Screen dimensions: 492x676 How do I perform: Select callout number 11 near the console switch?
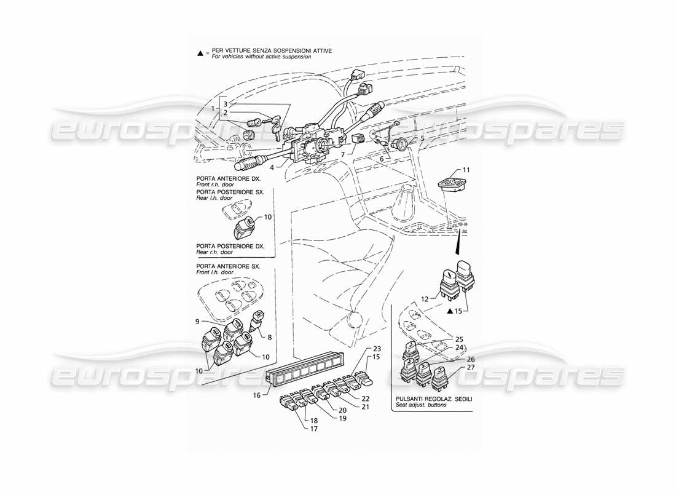coord(466,169)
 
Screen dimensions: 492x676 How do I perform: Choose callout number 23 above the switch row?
coord(377,349)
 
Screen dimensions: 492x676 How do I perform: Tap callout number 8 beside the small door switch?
coord(269,337)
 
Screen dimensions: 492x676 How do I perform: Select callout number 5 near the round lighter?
coord(422,139)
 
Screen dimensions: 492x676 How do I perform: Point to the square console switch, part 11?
coord(456,183)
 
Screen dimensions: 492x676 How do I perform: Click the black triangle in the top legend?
coord(200,55)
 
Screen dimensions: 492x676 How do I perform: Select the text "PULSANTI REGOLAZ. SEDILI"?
coord(433,400)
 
